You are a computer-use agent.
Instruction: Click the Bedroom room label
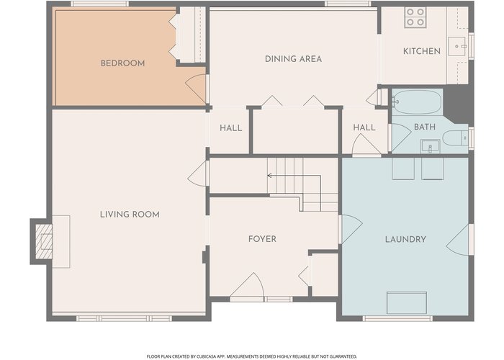click(123, 63)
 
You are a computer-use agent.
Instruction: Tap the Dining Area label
click(293, 59)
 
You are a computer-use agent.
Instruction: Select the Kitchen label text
click(422, 51)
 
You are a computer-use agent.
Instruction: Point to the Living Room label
click(130, 215)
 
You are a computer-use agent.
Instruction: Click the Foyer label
click(262, 239)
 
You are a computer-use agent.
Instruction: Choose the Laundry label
click(405, 239)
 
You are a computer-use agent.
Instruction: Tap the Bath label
click(425, 127)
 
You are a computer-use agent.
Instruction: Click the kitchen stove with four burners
click(415, 17)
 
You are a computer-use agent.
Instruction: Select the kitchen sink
click(456, 46)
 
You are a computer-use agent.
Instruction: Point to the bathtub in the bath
click(417, 102)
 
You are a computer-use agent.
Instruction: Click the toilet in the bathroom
click(456, 138)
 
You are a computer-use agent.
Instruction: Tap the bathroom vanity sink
click(430, 147)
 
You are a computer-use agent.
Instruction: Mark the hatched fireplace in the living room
click(44, 241)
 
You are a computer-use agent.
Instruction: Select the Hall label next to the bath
click(364, 127)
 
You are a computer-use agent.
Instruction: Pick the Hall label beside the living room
click(231, 128)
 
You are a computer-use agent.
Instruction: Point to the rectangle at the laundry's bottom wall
click(407, 303)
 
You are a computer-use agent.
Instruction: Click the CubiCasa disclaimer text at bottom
click(252, 356)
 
